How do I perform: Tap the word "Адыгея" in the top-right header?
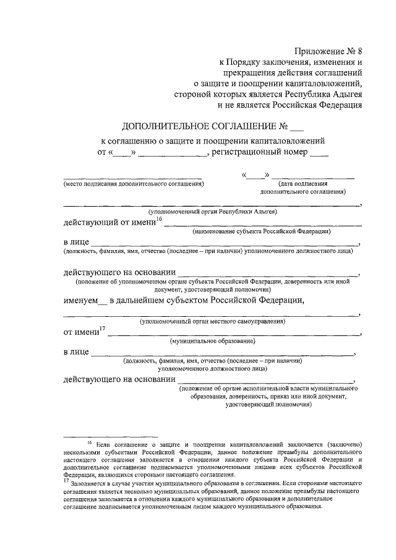click(345, 94)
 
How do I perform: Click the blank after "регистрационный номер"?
click(319, 152)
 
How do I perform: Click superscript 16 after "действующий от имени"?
click(158, 219)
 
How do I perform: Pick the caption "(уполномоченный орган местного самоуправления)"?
click(212, 321)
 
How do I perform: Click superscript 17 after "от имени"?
click(103, 329)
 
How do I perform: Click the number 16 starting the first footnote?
click(89, 443)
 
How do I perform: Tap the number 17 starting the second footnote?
click(66, 481)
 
